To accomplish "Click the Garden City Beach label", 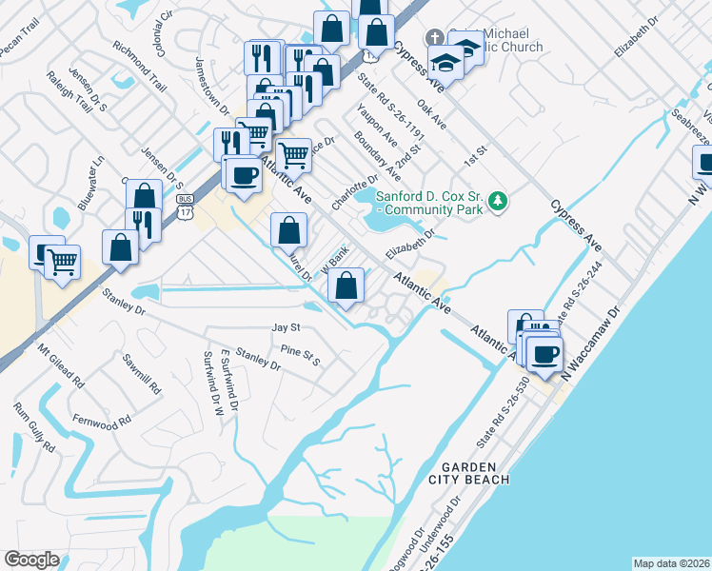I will tap(477, 472).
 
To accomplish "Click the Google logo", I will tap(31, 560).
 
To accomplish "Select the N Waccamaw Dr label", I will tap(590, 343).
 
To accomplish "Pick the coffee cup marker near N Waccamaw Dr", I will tap(544, 355).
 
